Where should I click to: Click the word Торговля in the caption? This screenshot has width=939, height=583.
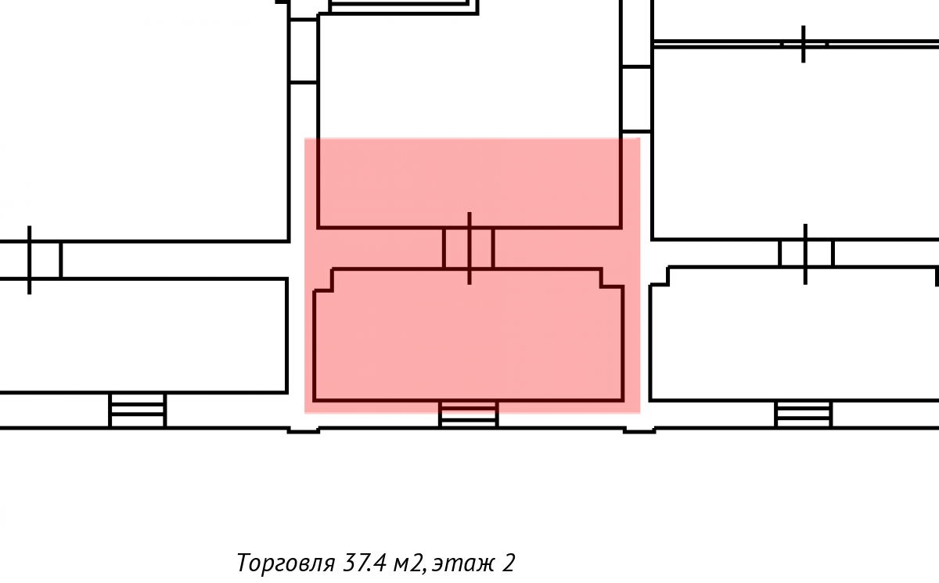coord(286,563)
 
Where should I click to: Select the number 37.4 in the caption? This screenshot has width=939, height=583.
coord(365,563)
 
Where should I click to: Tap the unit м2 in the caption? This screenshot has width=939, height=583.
coord(409,563)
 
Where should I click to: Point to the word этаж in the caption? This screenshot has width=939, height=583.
coord(462,563)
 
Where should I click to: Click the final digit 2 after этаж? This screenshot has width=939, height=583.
coord(508,563)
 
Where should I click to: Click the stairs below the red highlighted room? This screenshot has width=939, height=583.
coord(468,415)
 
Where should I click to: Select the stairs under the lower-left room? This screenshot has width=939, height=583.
coord(138,410)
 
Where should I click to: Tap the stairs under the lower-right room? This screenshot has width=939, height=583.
coord(803,414)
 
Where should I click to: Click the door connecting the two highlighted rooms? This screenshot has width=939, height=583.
coord(469,248)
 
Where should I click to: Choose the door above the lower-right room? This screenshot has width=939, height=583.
coord(805,254)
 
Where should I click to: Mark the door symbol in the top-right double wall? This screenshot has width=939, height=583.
coord(803,44)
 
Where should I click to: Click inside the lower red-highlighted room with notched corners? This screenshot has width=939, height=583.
coord(469,340)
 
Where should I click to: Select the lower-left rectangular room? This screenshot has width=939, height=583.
coord(143,335)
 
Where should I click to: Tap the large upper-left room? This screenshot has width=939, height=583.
coord(142,121)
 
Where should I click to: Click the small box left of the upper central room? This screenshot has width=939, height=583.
coord(304,51)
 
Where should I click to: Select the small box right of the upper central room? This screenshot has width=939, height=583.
coord(636,99)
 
